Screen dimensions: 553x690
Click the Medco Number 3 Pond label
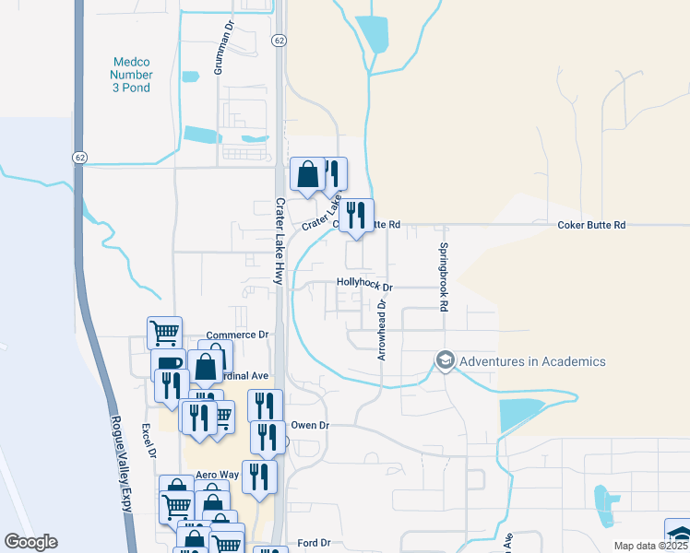click(130, 75)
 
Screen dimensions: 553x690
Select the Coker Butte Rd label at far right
click(592, 225)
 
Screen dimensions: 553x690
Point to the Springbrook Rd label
click(444, 276)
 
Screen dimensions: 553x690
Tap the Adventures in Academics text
click(534, 361)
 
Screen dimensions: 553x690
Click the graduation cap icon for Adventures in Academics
click(446, 359)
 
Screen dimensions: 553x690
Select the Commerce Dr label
click(237, 335)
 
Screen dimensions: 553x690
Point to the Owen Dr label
click(310, 426)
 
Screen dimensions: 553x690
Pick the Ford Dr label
click(314, 543)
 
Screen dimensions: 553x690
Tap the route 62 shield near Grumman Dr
click(280, 41)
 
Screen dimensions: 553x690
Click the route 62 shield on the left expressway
click(80, 158)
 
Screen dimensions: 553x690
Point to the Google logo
click(30, 542)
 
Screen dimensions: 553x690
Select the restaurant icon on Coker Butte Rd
click(357, 216)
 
